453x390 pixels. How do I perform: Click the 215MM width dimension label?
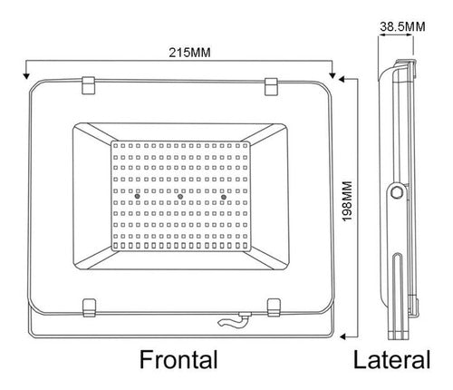tap(189, 53)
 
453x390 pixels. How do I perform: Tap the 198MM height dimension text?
tap(348, 201)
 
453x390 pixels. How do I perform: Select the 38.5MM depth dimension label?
tap(402, 26)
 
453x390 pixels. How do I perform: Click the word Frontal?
tap(178, 359)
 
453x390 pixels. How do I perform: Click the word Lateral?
tap(392, 359)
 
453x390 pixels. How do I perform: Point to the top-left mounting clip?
tap(89, 85)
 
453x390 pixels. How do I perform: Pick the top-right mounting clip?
tap(271, 86)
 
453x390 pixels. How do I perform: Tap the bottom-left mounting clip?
tap(90, 307)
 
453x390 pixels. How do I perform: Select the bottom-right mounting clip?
tap(274, 307)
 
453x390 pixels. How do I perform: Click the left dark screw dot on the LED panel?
tap(138, 197)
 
